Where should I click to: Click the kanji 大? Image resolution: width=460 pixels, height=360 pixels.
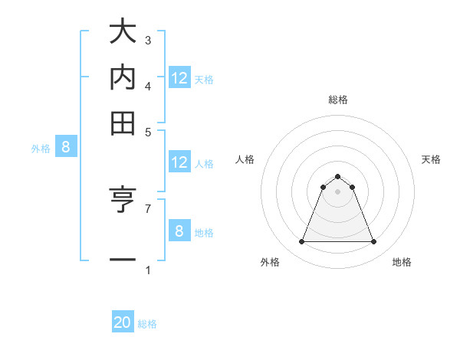pyautogui.click(x=123, y=34)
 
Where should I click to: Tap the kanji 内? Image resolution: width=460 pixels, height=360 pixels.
pyautogui.click(x=123, y=77)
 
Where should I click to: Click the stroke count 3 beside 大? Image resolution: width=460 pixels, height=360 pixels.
pyautogui.click(x=148, y=41)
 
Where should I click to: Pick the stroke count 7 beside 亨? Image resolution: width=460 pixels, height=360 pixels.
pyautogui.click(x=148, y=208)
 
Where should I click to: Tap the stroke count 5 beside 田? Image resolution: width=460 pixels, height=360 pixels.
pyautogui.click(x=148, y=130)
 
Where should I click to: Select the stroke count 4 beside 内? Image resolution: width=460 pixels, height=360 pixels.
pyautogui.click(x=148, y=85)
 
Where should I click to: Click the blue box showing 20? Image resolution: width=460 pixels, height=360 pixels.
pyautogui.click(x=123, y=323)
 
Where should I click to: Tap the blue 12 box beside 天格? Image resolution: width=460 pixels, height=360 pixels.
pyautogui.click(x=179, y=78)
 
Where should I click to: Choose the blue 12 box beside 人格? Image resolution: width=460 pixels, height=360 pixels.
pyautogui.click(x=179, y=162)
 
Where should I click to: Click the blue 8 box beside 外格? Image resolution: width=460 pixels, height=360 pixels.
pyautogui.click(x=65, y=148)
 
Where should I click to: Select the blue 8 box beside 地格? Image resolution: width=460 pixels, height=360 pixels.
pyautogui.click(x=179, y=231)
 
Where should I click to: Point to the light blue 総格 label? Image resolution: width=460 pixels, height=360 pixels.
pyautogui.click(x=147, y=324)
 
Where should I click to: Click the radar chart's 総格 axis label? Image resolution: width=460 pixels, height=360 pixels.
pyautogui.click(x=337, y=100)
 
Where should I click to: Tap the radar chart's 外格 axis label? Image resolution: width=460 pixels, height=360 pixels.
pyautogui.click(x=270, y=262)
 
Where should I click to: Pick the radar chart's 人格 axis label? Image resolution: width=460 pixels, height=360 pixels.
pyautogui.click(x=245, y=159)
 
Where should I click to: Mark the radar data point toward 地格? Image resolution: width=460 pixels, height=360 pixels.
pyautogui.click(x=373, y=242)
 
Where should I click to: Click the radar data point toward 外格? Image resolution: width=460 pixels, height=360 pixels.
pyautogui.click(x=301, y=242)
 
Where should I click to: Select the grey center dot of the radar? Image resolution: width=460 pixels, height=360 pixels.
pyautogui.click(x=337, y=191)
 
